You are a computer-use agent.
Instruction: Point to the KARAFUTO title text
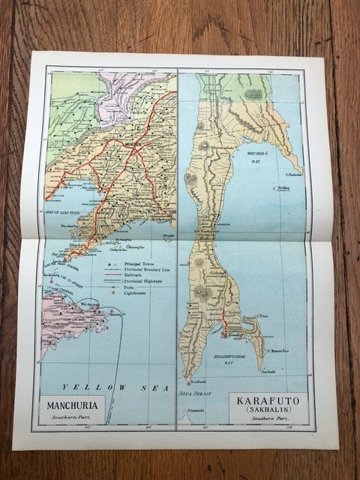(257, 400)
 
